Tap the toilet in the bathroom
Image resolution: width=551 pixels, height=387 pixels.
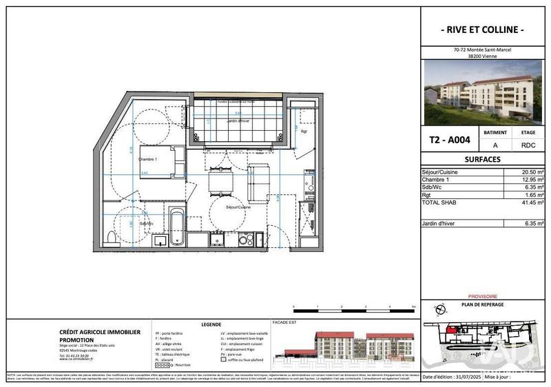112,238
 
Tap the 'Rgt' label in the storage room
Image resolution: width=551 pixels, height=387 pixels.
303,130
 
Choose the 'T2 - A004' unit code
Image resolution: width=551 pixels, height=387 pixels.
450,139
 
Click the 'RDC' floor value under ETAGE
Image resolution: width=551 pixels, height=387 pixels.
528,145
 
